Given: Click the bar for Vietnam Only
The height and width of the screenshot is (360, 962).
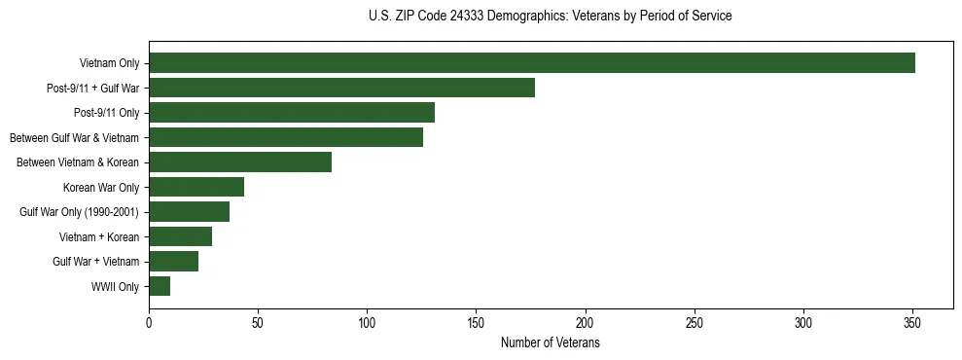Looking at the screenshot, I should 531,63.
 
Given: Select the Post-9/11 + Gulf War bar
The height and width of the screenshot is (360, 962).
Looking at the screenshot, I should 341,88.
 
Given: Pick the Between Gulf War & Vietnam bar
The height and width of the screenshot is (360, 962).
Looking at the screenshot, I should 286,137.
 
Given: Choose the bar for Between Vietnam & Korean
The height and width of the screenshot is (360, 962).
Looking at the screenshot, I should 240,162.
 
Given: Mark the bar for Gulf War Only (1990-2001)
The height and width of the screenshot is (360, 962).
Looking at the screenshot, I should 189,211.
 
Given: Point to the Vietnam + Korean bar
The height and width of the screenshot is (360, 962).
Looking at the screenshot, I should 180,236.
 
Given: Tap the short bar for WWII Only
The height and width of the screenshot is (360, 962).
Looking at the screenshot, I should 160,286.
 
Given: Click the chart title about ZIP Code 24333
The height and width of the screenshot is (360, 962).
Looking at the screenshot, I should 551,17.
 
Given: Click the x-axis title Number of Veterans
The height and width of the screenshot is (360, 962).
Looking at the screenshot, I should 551,343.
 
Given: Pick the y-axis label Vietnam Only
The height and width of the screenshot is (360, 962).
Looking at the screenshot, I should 109,64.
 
